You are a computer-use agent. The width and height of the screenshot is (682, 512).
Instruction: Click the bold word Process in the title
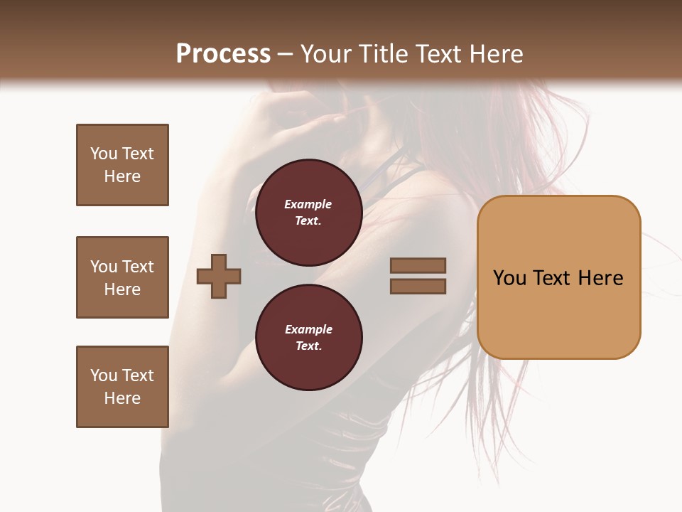click(223, 54)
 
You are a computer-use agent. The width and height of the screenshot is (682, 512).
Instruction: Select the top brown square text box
click(122, 165)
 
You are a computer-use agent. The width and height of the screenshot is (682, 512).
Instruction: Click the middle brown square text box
click(122, 277)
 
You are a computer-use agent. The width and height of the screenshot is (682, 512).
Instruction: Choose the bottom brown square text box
click(122, 387)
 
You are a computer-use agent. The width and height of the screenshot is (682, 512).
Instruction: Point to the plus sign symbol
click(219, 275)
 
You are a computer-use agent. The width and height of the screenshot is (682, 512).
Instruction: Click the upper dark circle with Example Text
click(308, 213)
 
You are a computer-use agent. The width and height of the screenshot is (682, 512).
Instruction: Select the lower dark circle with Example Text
click(308, 338)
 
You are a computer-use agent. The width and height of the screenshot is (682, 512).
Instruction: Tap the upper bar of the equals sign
click(418, 265)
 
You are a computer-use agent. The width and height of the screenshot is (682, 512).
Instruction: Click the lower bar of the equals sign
click(418, 287)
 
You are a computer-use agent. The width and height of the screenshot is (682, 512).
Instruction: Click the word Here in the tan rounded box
click(601, 278)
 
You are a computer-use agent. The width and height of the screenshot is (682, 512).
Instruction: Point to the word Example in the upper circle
click(308, 204)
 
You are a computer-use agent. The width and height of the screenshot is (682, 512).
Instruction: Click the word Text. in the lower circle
click(308, 346)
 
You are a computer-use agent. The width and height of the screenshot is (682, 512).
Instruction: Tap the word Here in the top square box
click(122, 176)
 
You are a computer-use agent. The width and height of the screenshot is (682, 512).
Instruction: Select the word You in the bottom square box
click(104, 375)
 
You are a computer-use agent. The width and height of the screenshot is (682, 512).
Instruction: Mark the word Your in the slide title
click(326, 54)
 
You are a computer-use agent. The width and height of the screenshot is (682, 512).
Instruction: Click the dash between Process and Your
click(286, 55)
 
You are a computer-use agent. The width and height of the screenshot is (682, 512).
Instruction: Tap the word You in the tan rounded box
click(510, 278)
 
